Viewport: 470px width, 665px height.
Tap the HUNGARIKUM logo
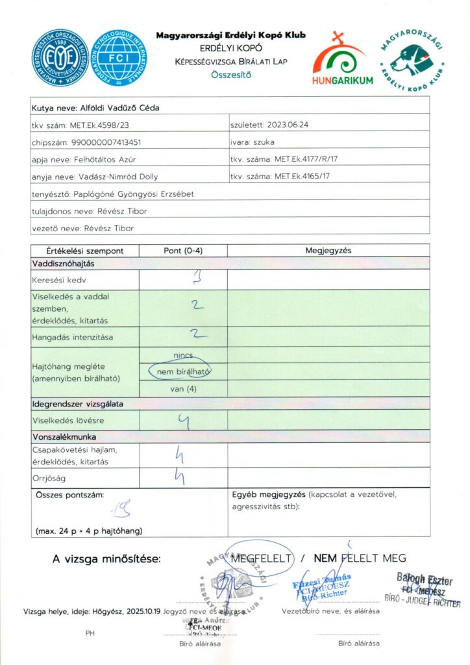pyautogui.click(x=343, y=61)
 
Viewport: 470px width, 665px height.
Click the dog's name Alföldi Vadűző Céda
pyautogui.click(x=119, y=108)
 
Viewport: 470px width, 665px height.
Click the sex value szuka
pyautogui.click(x=263, y=142)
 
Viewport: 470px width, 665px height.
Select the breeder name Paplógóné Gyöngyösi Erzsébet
pyautogui.click(x=140, y=194)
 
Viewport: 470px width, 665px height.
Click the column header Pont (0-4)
pyautogui.click(x=182, y=250)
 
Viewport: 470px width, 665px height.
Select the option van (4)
pyautogui.click(x=183, y=388)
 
